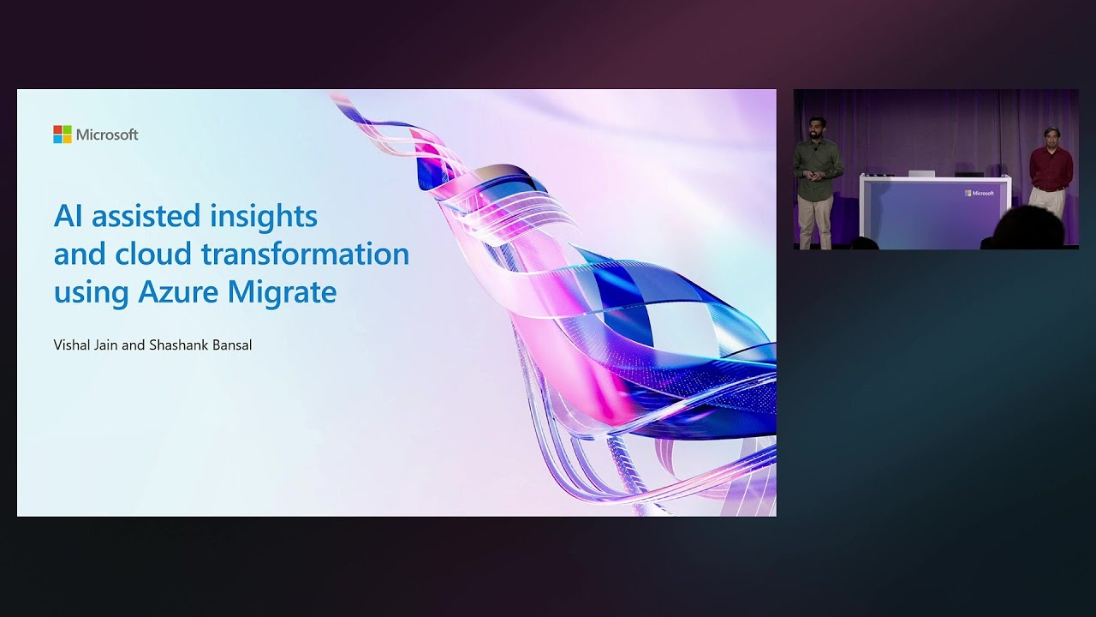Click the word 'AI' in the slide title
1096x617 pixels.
pyautogui.click(x=68, y=216)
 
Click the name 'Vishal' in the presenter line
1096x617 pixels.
pyautogui.click(x=72, y=345)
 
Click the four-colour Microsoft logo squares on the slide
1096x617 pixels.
pyautogui.click(x=63, y=135)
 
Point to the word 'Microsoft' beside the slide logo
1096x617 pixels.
pyautogui.click(x=107, y=135)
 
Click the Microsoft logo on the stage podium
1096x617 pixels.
pyautogui.click(x=980, y=194)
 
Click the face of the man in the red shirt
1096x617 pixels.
pyautogui.click(x=1051, y=137)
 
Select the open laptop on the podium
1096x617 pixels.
pyautogui.click(x=921, y=173)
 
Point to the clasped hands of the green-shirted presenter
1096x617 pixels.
pyautogui.click(x=815, y=175)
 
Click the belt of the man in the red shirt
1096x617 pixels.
pyautogui.click(x=1049, y=188)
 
